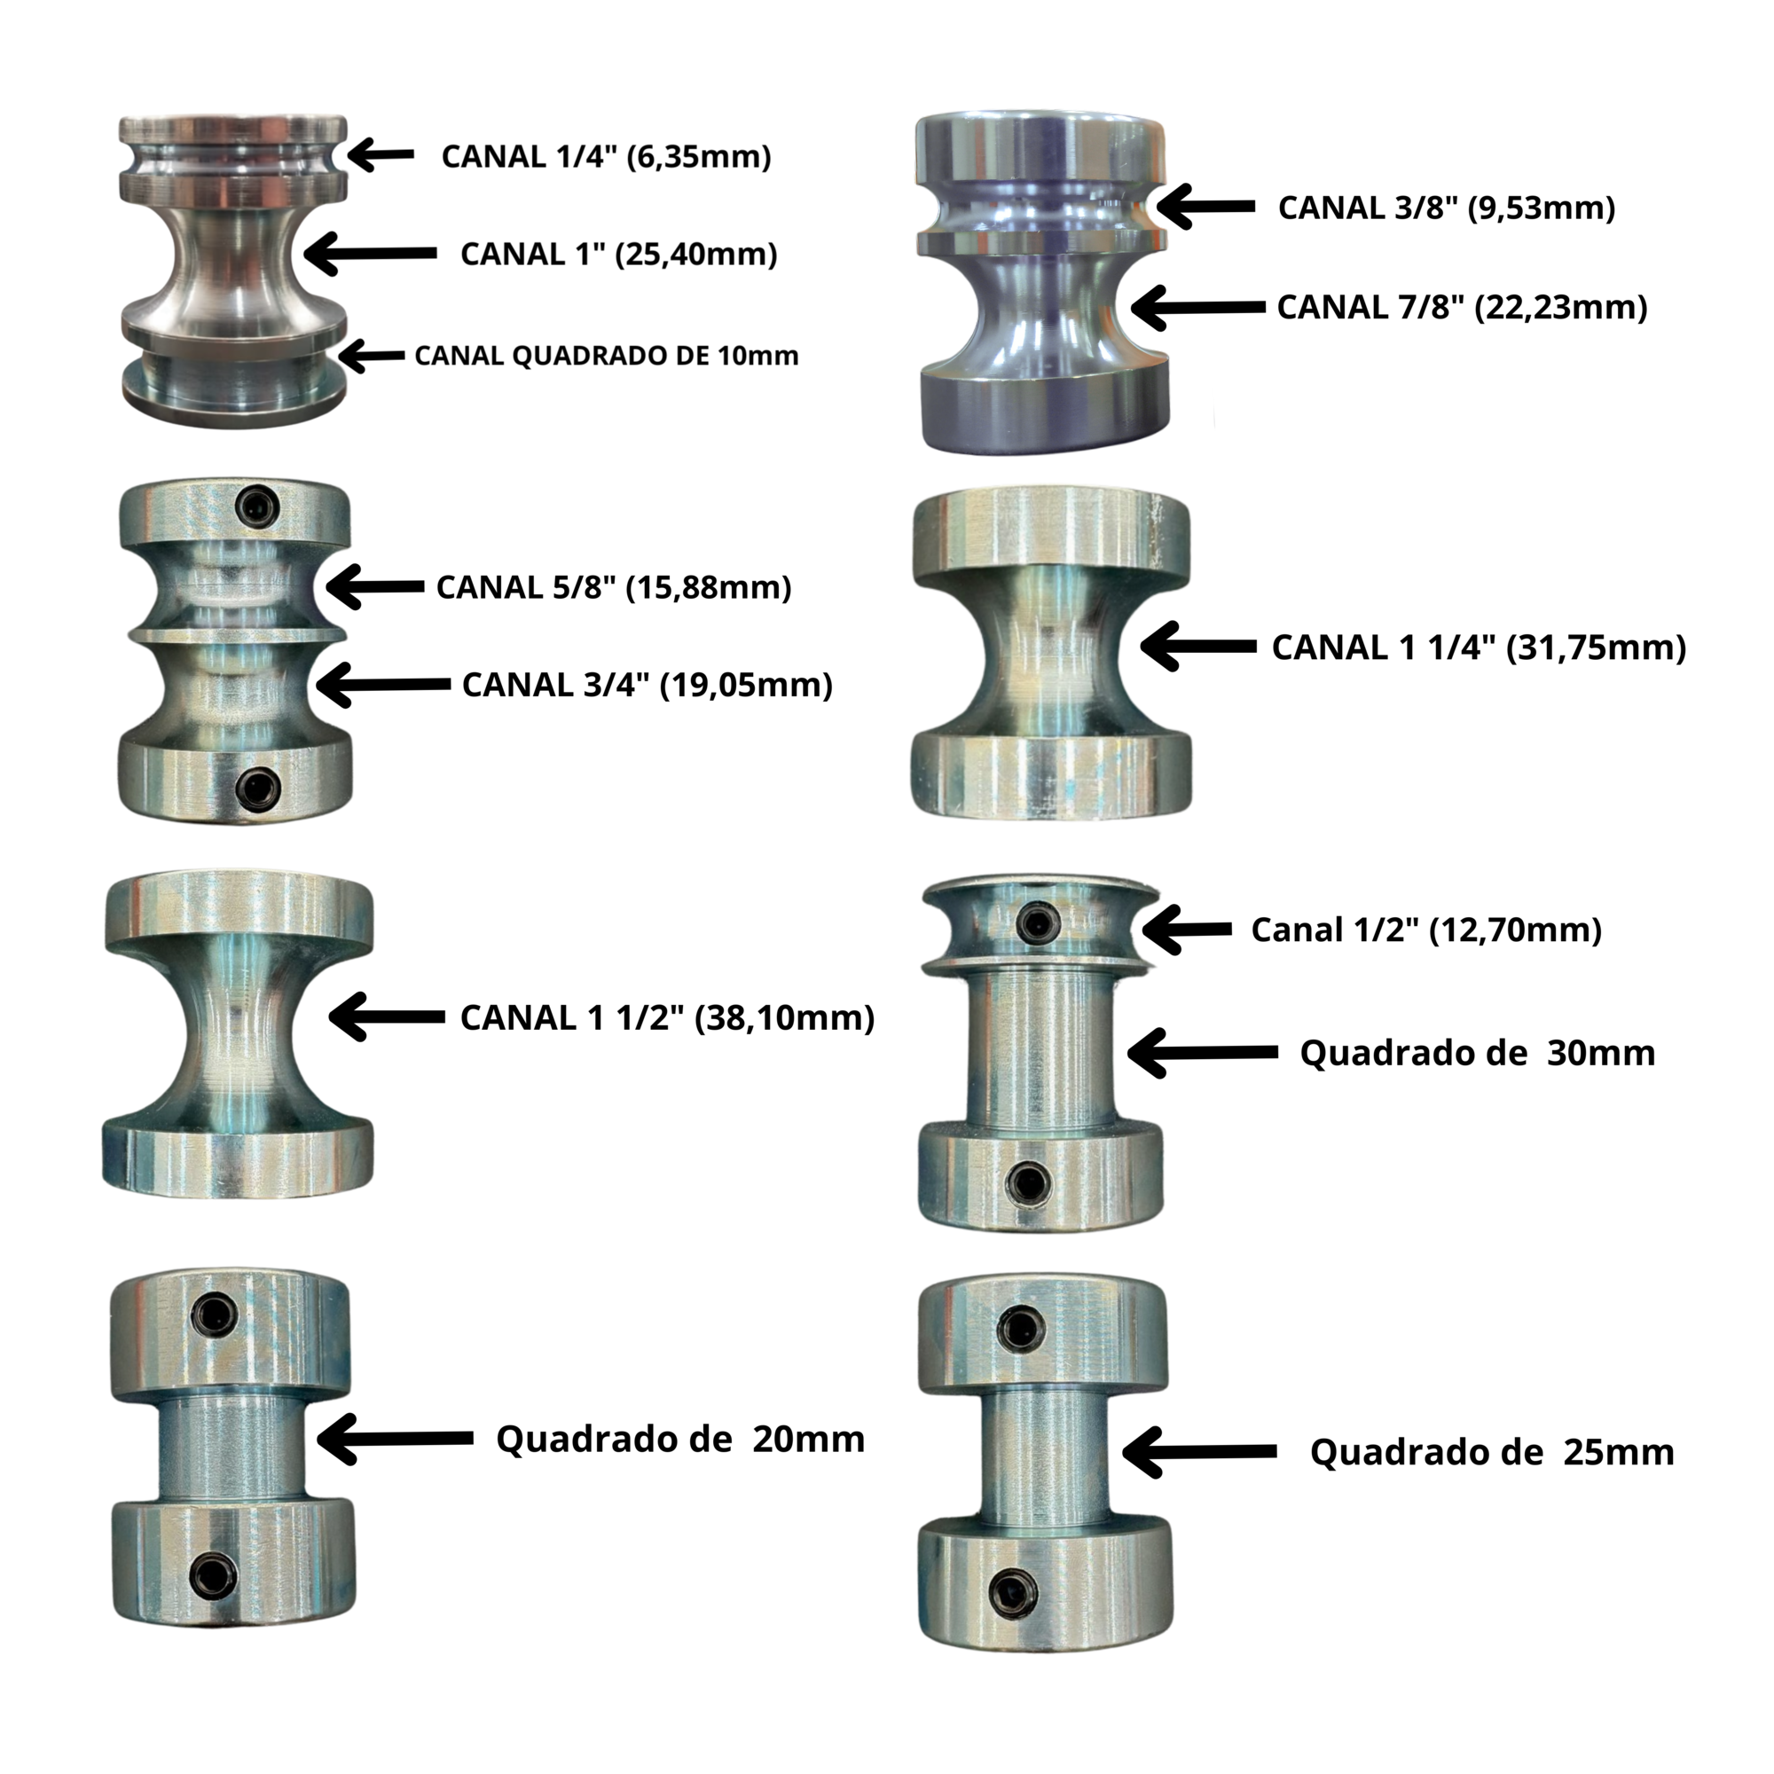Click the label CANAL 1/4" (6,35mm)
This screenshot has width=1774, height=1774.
pyautogui.click(x=606, y=157)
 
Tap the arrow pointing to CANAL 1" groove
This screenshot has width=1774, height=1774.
pyautogui.click(x=370, y=253)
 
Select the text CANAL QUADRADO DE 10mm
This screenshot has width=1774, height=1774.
pyautogui.click(x=606, y=357)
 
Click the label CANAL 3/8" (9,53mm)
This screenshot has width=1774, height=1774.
pyautogui.click(x=1446, y=208)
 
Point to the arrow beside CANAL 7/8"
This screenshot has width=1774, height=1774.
pyautogui.click(x=1198, y=308)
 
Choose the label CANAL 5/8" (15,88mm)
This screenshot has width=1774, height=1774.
pyautogui.click(x=614, y=588)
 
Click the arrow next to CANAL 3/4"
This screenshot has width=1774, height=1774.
pyautogui.click(x=383, y=685)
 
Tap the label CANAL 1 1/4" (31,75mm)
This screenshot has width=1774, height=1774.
pyautogui.click(x=1479, y=648)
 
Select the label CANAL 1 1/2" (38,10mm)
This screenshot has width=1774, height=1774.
pyautogui.click(x=667, y=1018)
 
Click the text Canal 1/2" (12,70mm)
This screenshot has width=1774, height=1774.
pyautogui.click(x=1426, y=930)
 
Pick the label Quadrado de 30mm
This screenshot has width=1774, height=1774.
pyautogui.click(x=1478, y=1053)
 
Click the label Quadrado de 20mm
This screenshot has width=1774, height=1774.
pyautogui.click(x=680, y=1439)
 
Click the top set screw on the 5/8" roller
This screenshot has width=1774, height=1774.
pyautogui.click(x=257, y=506)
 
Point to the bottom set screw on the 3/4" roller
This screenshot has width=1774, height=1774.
pyautogui.click(x=258, y=788)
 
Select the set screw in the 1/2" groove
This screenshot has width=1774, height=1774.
pyautogui.click(x=1039, y=922)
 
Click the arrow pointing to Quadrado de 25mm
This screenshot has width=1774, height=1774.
pyautogui.click(x=1199, y=1452)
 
